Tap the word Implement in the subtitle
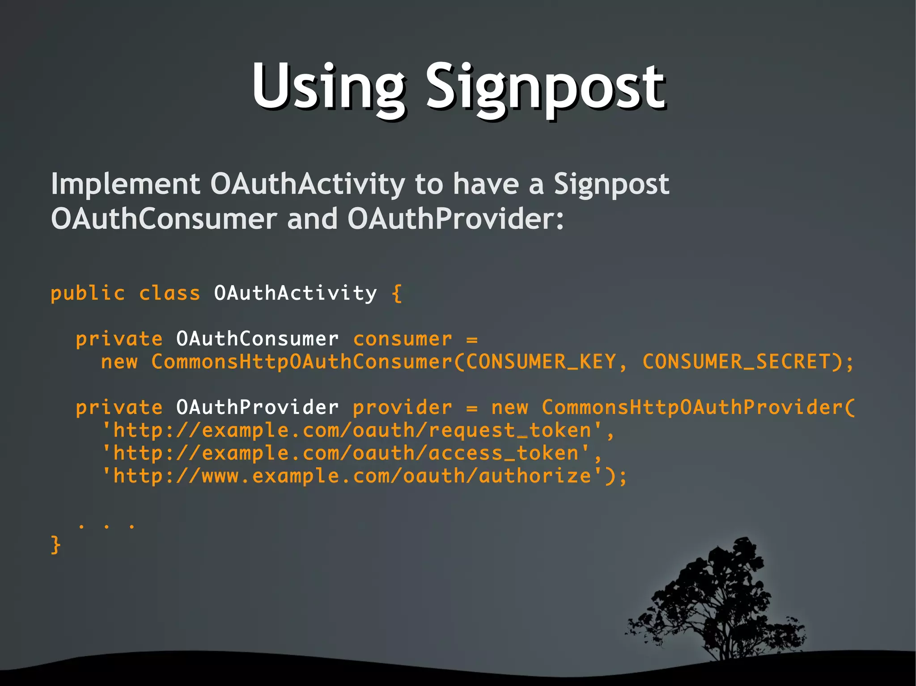pyautogui.click(x=125, y=184)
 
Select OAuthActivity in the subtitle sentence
pyautogui.click(x=308, y=184)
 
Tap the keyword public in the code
pyautogui.click(x=88, y=294)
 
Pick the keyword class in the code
pyautogui.click(x=170, y=294)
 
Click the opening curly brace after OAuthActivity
pyautogui.click(x=397, y=294)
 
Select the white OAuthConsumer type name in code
pyautogui.click(x=257, y=339)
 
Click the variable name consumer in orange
pyautogui.click(x=403, y=339)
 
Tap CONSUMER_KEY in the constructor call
pyautogui.click(x=541, y=362)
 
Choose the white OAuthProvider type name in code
pyautogui.click(x=257, y=407)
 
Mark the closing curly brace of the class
pyautogui.click(x=55, y=545)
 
